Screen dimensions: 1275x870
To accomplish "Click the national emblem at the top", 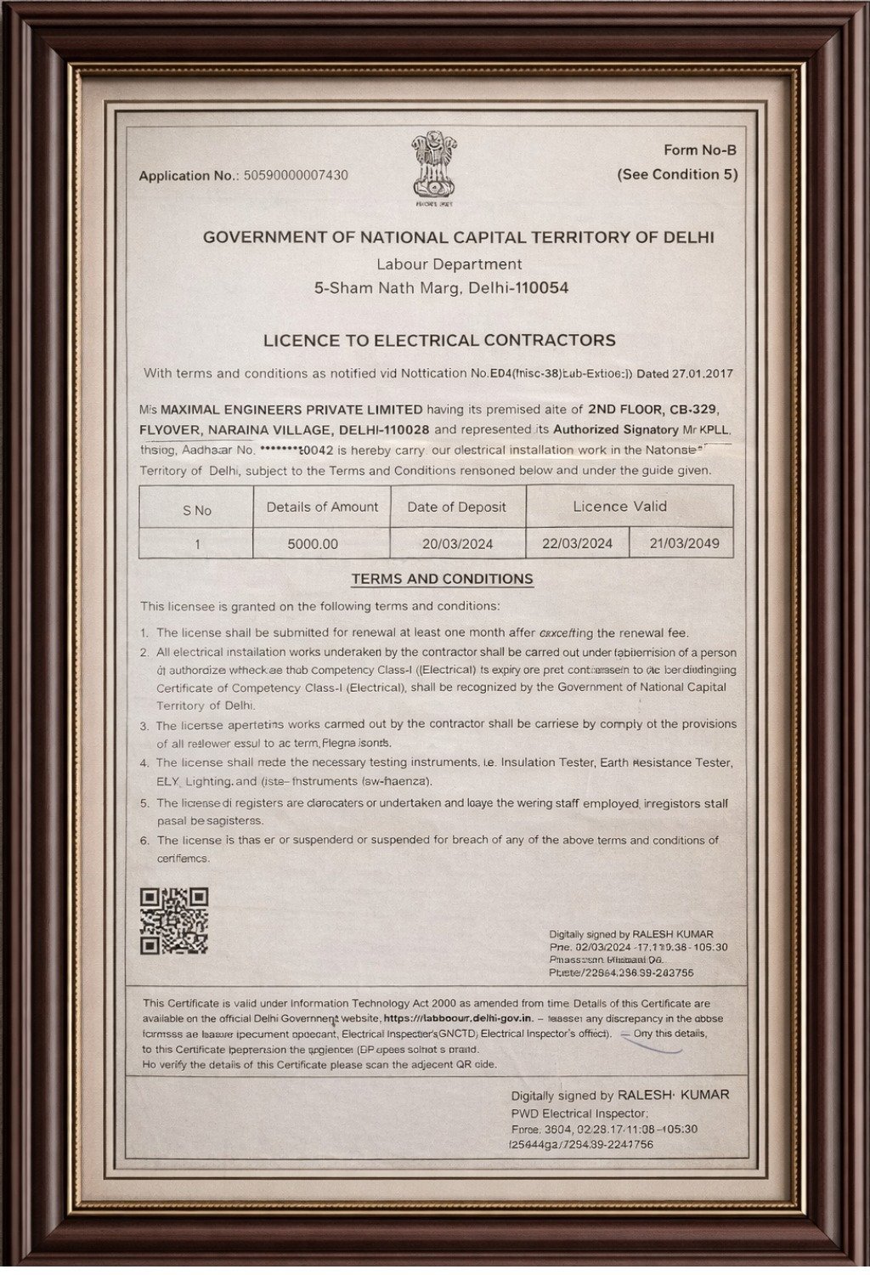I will (433, 167).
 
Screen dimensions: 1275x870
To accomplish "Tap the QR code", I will (174, 921).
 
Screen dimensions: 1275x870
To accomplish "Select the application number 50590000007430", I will (296, 175).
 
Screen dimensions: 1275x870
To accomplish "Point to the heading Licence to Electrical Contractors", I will (438, 340).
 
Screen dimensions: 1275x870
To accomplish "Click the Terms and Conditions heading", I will (442, 579).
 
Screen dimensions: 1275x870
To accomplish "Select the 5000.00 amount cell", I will (313, 544).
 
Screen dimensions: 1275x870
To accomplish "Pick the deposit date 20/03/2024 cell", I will (457, 544).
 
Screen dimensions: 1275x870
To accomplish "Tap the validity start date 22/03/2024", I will (578, 543).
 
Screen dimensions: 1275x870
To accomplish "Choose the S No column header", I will (196, 510).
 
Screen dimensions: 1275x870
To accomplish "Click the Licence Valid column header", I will (619, 507).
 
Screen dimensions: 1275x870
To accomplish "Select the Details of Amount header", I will (322, 507).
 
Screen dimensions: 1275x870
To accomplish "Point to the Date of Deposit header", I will (456, 507).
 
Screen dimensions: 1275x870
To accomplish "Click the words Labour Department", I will (449, 264).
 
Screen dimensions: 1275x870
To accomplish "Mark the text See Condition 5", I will (677, 174).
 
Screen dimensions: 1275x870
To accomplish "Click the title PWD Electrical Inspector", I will (579, 1113).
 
